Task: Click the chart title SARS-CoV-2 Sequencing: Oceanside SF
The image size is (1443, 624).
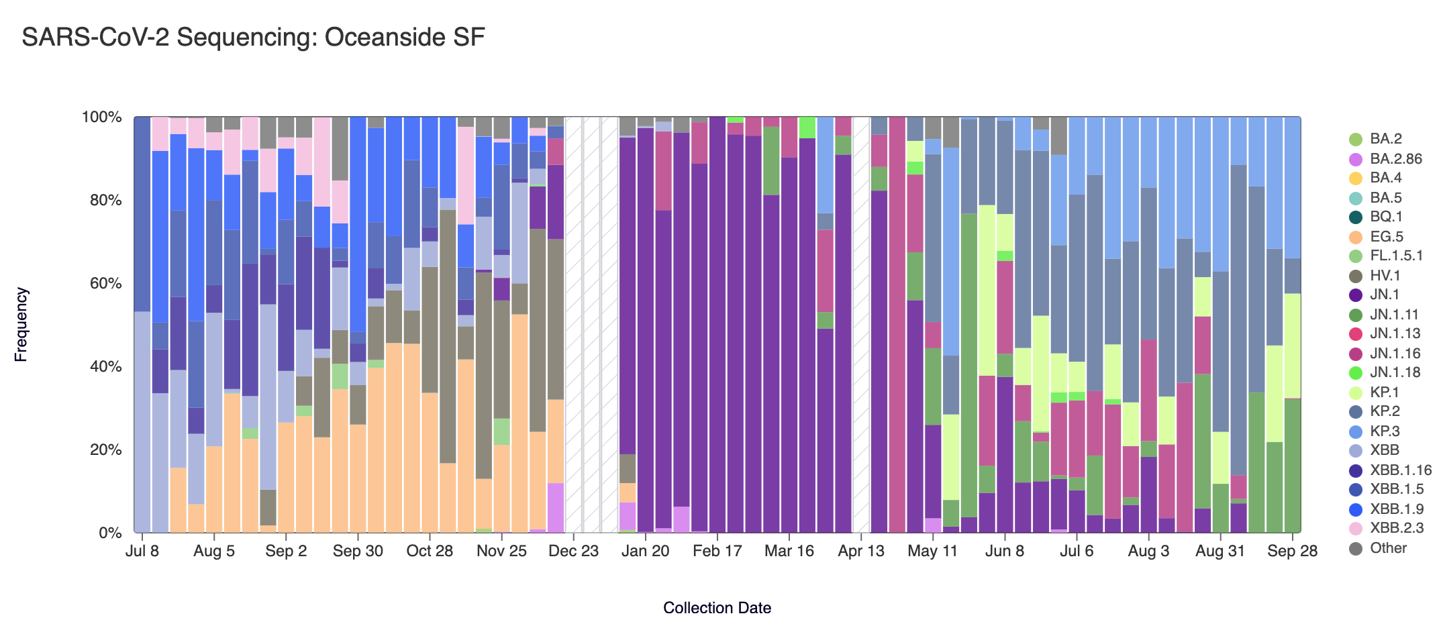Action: click(x=253, y=38)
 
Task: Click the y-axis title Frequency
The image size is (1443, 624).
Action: click(x=21, y=325)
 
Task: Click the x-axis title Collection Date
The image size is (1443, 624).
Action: click(x=717, y=608)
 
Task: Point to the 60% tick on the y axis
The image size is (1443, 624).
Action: click(x=101, y=283)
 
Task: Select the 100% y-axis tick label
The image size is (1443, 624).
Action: click(x=101, y=117)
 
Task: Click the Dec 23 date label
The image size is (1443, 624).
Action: click(x=573, y=552)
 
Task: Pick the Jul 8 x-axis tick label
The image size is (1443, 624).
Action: click(x=142, y=552)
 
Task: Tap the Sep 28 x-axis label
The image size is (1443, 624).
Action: click(x=1292, y=552)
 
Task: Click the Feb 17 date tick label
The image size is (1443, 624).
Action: click(x=717, y=552)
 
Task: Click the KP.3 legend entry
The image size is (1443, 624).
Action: click(x=1385, y=431)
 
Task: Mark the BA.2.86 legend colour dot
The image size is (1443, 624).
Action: click(x=1356, y=159)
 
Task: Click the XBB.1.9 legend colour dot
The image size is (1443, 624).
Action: click(x=1356, y=509)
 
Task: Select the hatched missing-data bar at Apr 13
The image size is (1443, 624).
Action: click(x=861, y=325)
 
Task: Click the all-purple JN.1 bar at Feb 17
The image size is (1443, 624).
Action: click(x=717, y=325)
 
